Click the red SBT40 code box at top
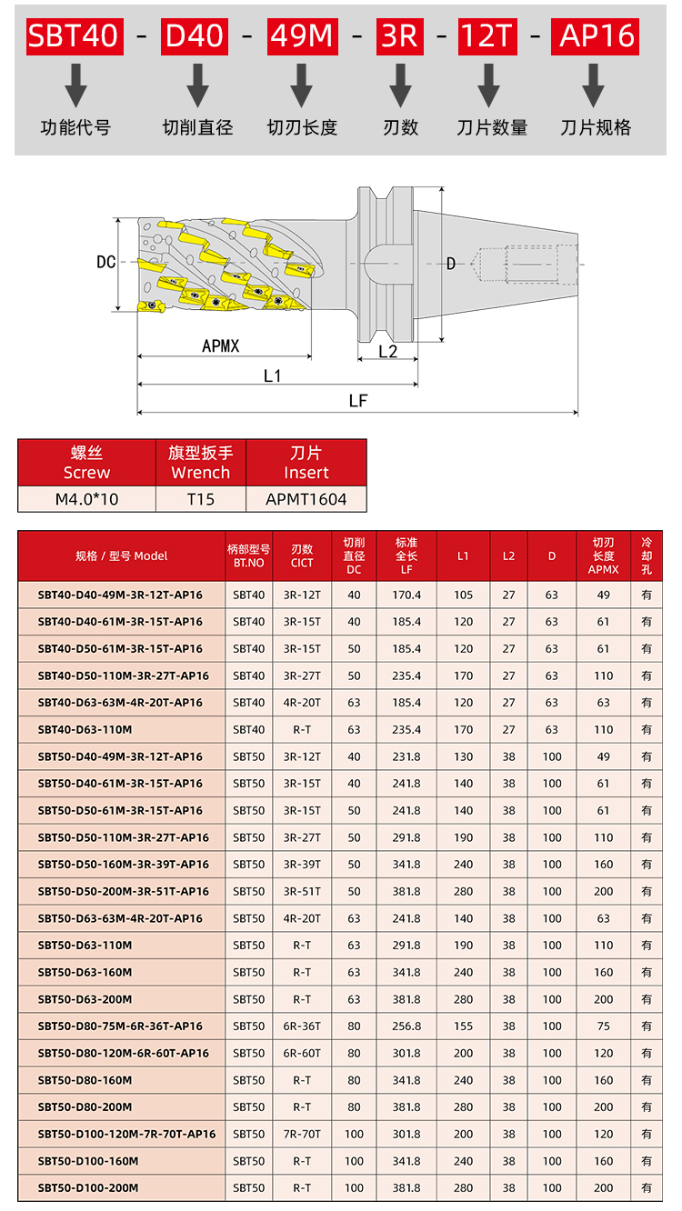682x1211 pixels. [x=74, y=35]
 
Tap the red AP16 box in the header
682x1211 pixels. [x=597, y=35]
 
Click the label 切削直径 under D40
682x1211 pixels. [x=197, y=127]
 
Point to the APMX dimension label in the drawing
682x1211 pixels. [x=221, y=345]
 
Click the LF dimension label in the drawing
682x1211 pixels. [x=357, y=400]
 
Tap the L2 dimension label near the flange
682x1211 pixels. [x=387, y=352]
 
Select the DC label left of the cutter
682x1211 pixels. [x=106, y=262]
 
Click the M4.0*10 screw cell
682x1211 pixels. [x=86, y=498]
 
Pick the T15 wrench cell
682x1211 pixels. [x=201, y=498]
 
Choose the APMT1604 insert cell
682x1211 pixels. [x=306, y=498]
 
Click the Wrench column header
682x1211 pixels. [x=201, y=462]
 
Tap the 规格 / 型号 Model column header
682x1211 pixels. [x=122, y=555]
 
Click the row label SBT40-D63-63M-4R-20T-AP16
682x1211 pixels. [x=120, y=702]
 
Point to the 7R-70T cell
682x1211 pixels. [x=302, y=1134]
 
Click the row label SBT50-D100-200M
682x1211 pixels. [x=88, y=1187]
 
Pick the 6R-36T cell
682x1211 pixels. [x=302, y=1026]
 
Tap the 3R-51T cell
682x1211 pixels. [x=302, y=891]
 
